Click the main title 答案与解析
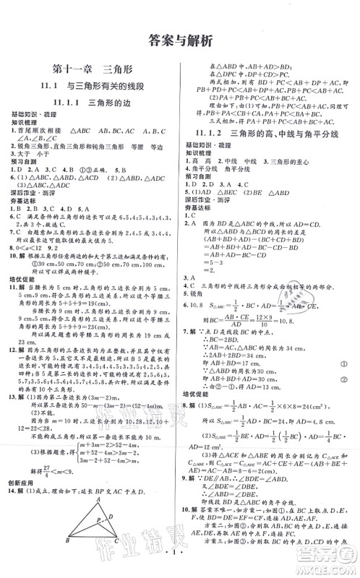click(x=179, y=40)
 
